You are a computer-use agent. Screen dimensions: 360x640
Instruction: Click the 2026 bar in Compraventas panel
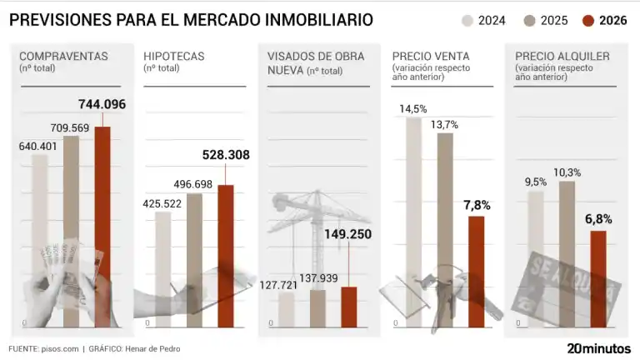102,225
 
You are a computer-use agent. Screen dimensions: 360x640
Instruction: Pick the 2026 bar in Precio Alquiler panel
598,278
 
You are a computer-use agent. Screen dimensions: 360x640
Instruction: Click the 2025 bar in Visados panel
317,307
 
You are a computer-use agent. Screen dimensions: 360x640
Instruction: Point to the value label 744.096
102,104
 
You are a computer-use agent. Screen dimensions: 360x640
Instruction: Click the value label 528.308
226,155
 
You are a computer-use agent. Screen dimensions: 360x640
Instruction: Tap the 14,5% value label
413,108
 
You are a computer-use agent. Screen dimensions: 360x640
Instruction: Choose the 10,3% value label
567,172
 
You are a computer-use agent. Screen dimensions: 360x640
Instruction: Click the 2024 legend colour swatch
467,20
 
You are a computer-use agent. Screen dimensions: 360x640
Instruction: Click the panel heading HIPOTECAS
174,57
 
